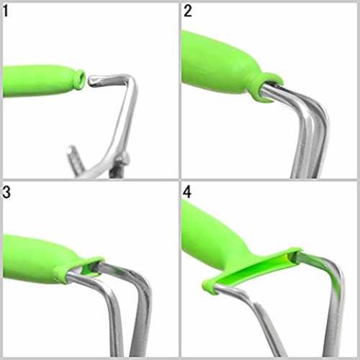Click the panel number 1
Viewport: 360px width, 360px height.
coord(6,12)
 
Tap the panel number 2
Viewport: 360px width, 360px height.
coord(188,12)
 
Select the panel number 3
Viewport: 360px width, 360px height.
coord(6,192)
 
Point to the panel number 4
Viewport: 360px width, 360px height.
coord(187,192)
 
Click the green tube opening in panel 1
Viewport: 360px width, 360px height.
coord(81,79)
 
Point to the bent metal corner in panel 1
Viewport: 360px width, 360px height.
coord(132,81)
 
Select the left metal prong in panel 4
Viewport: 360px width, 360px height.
coord(264,319)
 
